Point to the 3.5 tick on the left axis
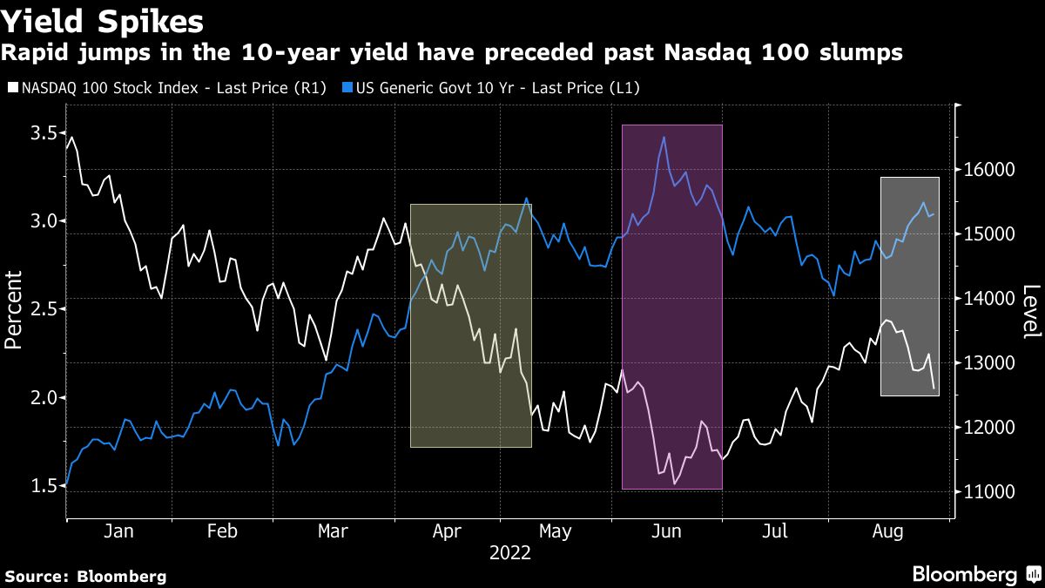click(44, 132)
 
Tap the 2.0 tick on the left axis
click(44, 397)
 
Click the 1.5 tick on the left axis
click(44, 485)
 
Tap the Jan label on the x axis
click(119, 531)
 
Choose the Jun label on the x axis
click(667, 531)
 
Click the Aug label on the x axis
click(887, 531)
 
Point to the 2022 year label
click(510, 552)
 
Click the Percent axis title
click(14, 309)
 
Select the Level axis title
click(1031, 311)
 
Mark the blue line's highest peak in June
click(664, 137)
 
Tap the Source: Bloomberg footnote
click(84, 576)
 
